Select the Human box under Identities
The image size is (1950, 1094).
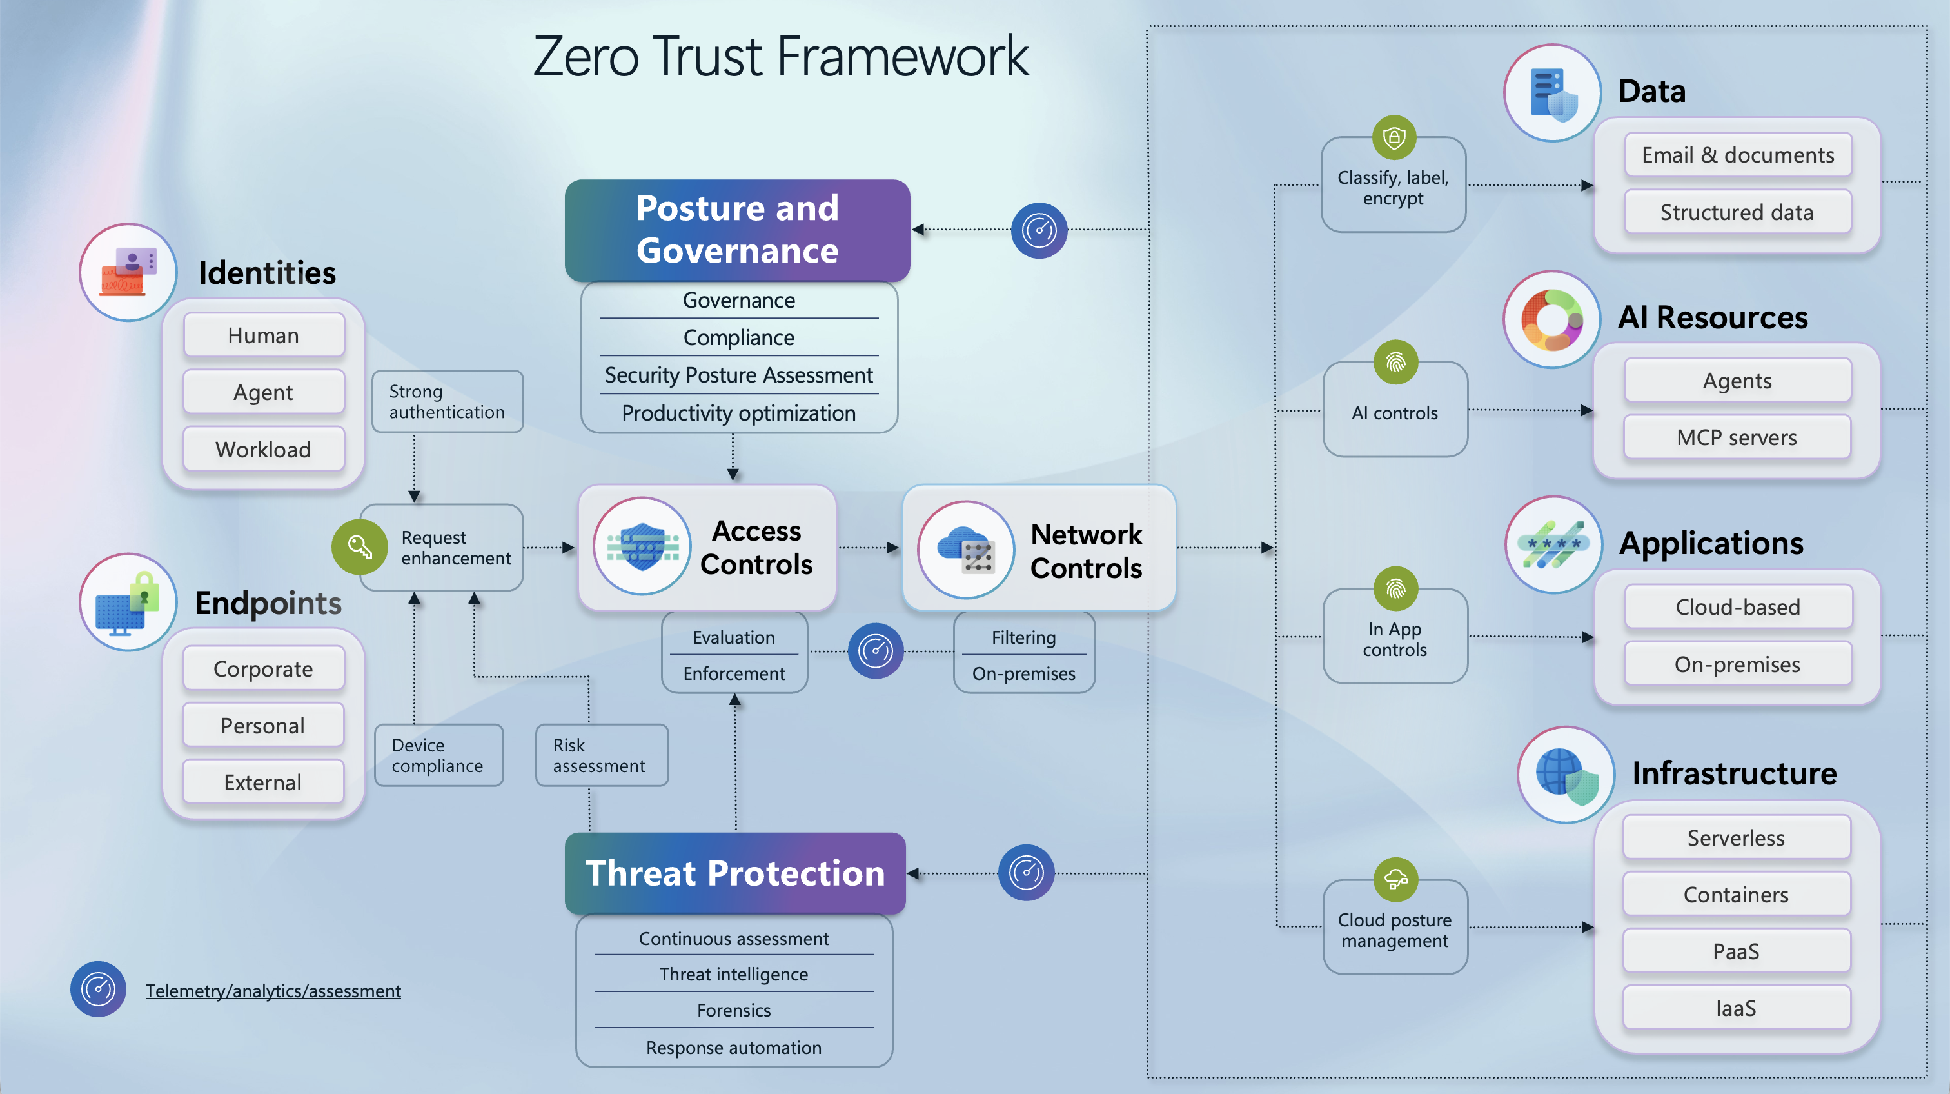(x=264, y=335)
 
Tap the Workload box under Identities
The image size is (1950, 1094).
(x=264, y=449)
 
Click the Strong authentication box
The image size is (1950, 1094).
(x=447, y=401)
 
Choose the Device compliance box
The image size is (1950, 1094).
(x=438, y=755)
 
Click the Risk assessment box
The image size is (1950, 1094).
(x=600, y=755)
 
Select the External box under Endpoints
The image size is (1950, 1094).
(x=262, y=782)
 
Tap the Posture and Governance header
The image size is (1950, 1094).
(x=736, y=230)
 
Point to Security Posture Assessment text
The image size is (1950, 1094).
(x=738, y=375)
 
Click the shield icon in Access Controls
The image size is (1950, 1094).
(x=642, y=546)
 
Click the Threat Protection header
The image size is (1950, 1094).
(x=735, y=873)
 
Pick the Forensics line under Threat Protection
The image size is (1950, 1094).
(x=734, y=1010)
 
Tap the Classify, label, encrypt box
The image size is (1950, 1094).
(x=1393, y=188)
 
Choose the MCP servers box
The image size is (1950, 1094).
(x=1737, y=437)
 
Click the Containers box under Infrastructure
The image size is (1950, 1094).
(x=1736, y=894)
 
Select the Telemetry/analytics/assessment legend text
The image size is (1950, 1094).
(x=273, y=990)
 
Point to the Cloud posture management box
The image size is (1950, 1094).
(x=1394, y=930)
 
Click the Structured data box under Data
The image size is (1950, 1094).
(x=1737, y=212)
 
